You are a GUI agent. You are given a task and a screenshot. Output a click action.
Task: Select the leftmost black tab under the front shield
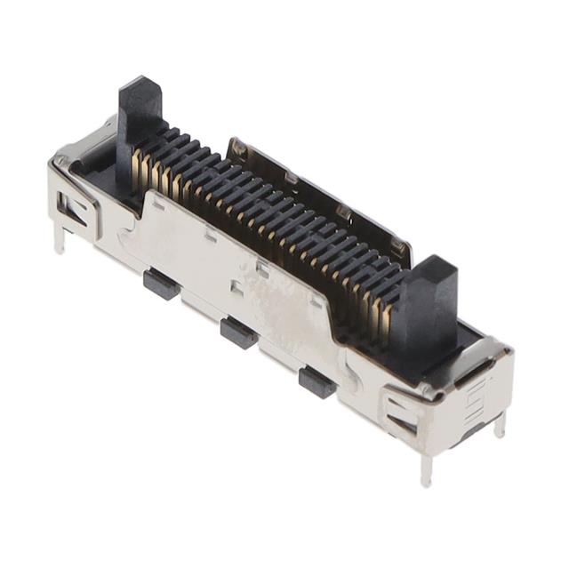pos(160,284)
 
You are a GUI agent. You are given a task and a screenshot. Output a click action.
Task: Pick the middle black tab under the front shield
pos(238,333)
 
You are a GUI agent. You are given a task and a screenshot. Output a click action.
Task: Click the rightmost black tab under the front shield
pos(317,381)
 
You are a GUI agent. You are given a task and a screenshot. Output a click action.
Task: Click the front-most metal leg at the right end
pos(426,467)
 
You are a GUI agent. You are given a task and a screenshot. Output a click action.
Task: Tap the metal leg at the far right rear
pos(500,424)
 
